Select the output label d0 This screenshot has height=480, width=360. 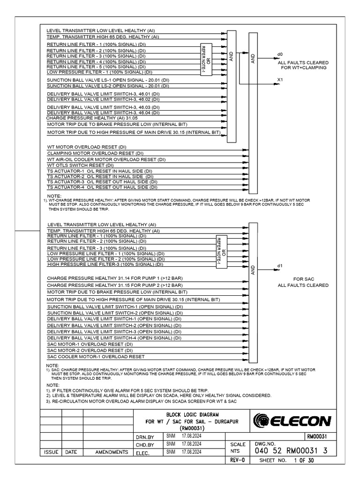pos(280,54)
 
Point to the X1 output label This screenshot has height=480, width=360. pos(280,80)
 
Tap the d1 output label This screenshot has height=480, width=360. pos(280,266)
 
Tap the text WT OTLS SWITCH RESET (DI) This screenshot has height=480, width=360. pos(80,165)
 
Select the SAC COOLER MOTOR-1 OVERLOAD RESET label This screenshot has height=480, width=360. pos(96,356)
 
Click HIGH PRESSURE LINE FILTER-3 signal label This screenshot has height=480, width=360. pos(106,264)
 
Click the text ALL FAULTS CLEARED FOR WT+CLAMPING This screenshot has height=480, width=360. pos(303,65)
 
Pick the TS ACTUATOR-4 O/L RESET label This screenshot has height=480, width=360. pos(102,187)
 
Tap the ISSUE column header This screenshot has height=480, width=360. pos(51,452)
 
